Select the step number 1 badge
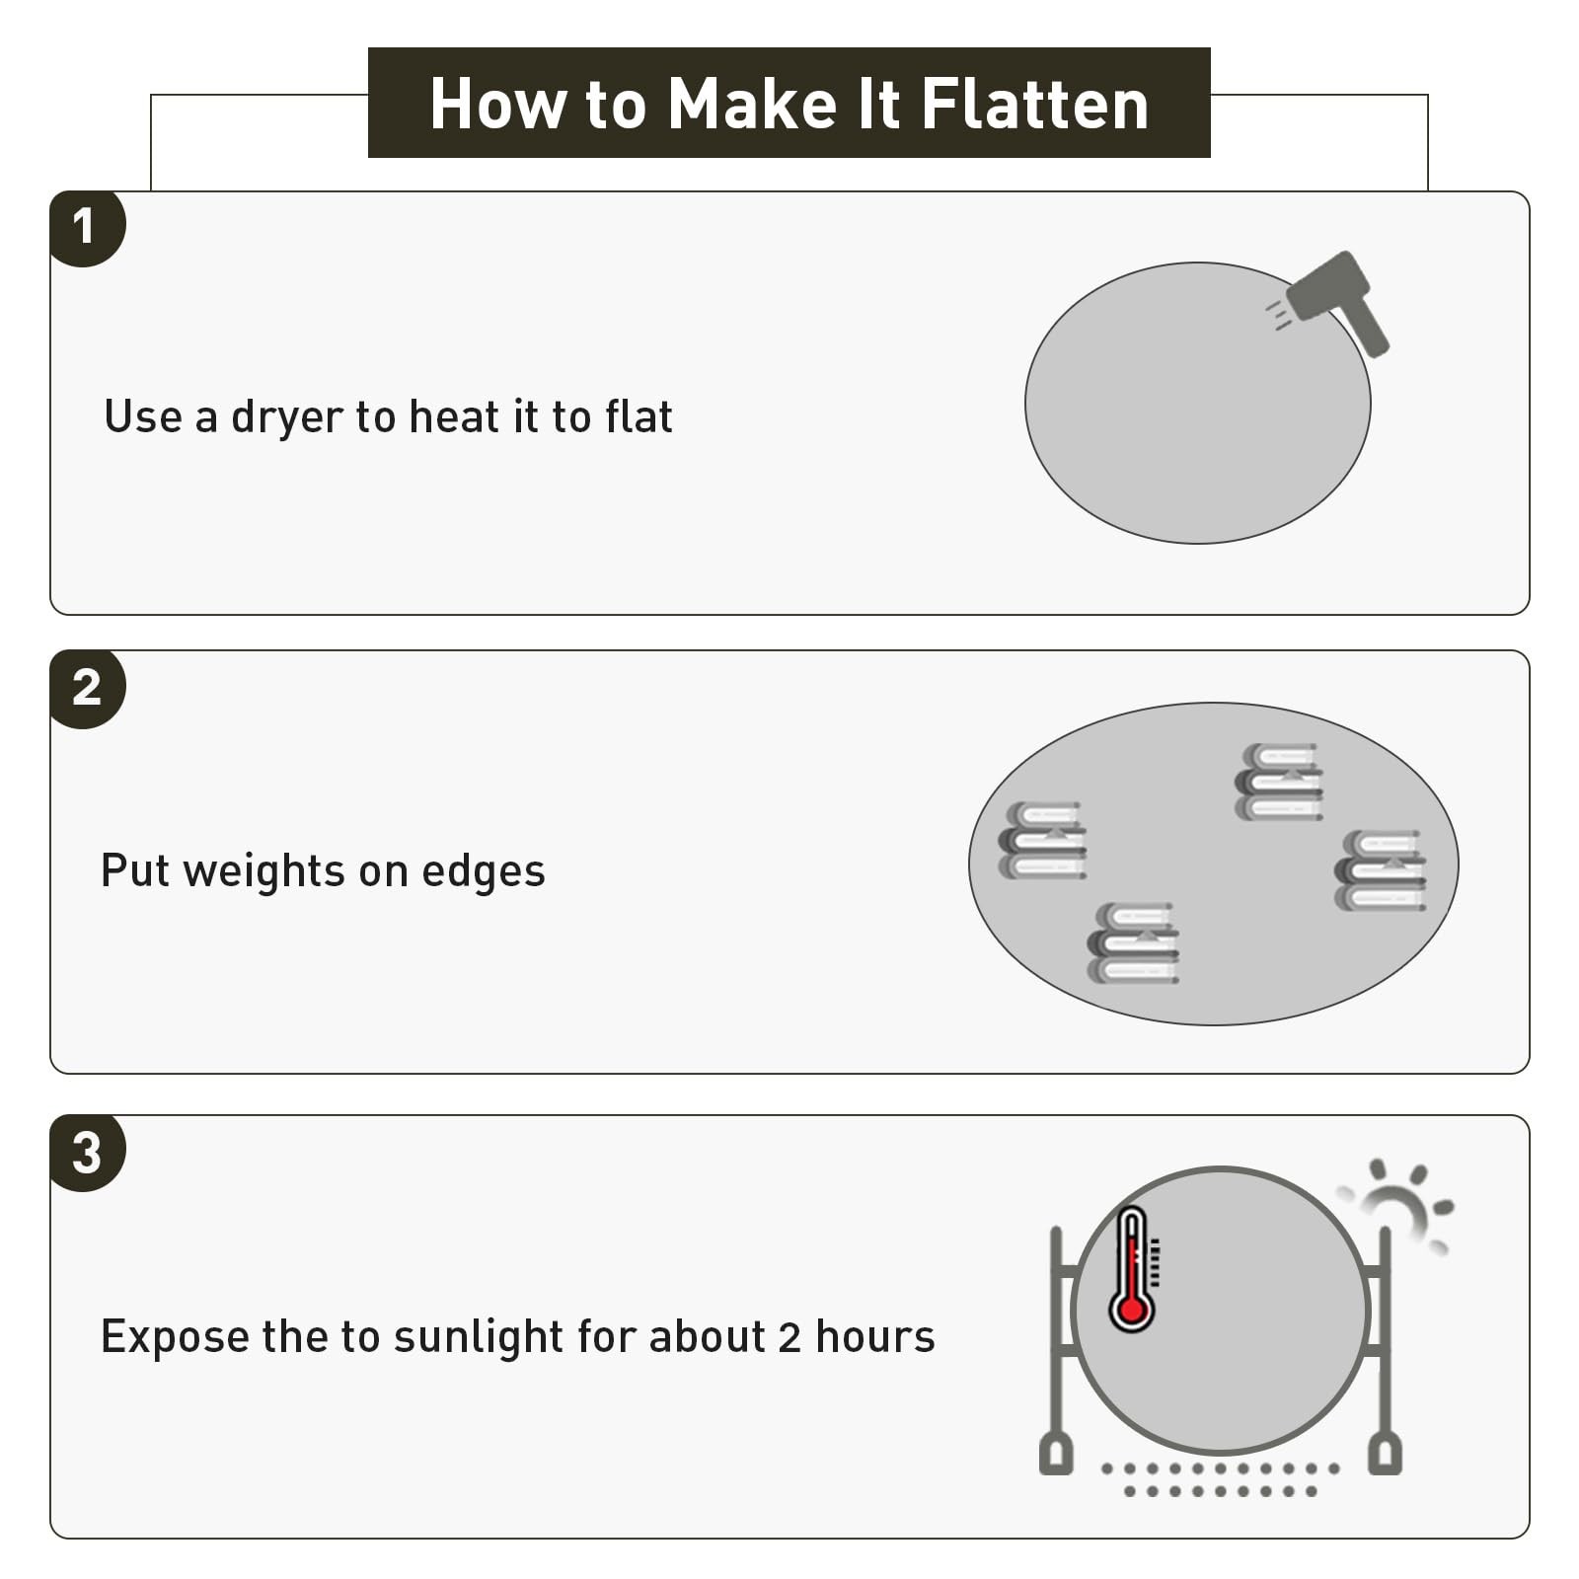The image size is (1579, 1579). pyautogui.click(x=87, y=228)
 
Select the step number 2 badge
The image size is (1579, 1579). pyautogui.click(x=87, y=689)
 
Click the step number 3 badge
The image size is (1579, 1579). pyautogui.click(x=87, y=1153)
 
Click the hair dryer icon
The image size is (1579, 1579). pyautogui.click(x=1332, y=299)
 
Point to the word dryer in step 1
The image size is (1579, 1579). pyautogui.click(x=287, y=418)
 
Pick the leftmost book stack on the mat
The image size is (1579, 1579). pyautogui.click(x=1043, y=840)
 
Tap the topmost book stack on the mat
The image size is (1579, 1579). pyautogui.click(x=1279, y=782)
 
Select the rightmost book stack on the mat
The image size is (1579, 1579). pyautogui.click(x=1380, y=869)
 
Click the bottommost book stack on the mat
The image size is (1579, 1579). pyautogui.click(x=1133, y=942)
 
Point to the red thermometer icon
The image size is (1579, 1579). pyautogui.click(x=1134, y=1268)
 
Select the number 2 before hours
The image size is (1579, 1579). pyautogui.click(x=789, y=1337)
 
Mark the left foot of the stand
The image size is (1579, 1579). pyautogui.click(x=1056, y=1454)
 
